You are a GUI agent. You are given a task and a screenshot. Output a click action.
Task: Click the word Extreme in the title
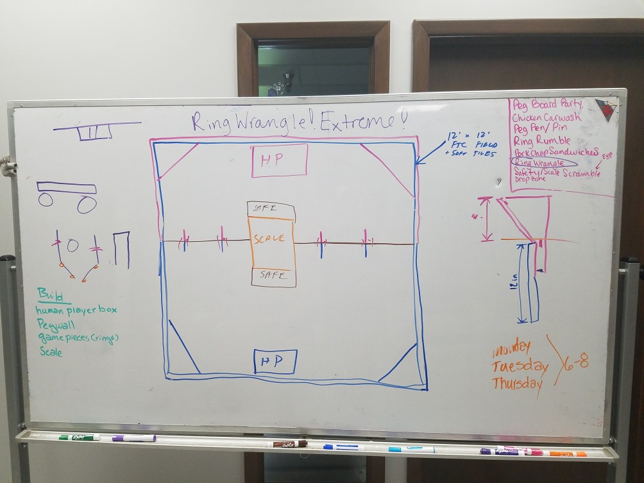tap(352, 122)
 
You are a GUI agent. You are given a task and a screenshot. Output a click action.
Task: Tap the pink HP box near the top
tap(280, 160)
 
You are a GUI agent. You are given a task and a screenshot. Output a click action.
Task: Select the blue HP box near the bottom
tap(275, 362)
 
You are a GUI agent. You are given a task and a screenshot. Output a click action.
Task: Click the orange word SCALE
tap(269, 239)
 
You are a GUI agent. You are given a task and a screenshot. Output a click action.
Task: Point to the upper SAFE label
tap(265, 208)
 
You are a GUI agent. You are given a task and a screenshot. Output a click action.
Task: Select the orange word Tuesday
tap(520, 367)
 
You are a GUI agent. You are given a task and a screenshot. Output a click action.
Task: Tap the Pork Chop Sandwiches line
tap(555, 152)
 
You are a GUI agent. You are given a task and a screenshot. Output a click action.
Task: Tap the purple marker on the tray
tap(134, 438)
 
